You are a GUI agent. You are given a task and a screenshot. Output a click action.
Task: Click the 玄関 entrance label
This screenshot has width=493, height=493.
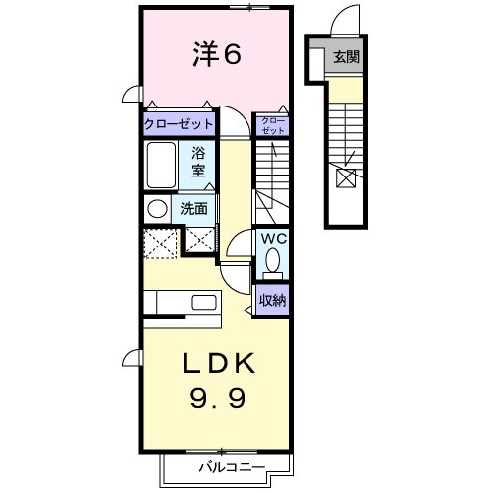click(346, 57)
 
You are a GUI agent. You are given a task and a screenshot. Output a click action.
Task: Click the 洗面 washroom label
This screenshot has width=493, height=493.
click(193, 209)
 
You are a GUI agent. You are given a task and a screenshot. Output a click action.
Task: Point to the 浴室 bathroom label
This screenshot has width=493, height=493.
click(197, 161)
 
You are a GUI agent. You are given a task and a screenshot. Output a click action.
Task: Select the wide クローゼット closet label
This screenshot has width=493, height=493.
click(179, 124)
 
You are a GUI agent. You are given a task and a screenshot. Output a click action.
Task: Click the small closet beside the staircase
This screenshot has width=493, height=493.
click(272, 125)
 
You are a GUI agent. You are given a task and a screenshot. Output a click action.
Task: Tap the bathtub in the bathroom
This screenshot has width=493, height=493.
click(160, 164)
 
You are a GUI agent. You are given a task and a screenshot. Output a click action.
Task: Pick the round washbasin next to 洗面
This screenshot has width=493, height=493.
click(157, 209)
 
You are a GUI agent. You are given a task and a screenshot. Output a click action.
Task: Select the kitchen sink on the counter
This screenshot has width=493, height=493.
click(204, 302)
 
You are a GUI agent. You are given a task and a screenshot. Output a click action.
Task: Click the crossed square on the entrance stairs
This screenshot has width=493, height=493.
click(347, 178)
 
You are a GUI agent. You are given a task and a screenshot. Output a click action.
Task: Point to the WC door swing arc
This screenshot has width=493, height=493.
click(239, 252)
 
